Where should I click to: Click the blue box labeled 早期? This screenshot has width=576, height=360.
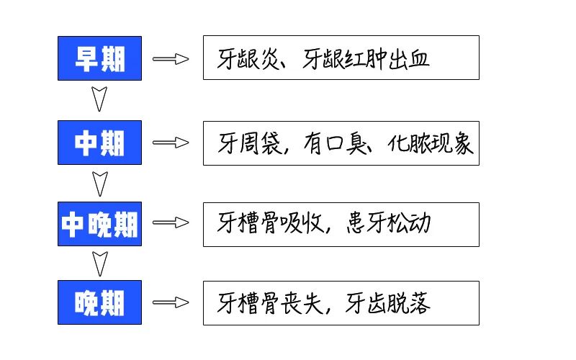99,58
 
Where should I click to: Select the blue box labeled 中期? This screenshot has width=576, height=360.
99,143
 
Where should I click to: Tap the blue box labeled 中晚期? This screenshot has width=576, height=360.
99,224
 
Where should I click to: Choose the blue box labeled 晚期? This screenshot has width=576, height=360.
99,302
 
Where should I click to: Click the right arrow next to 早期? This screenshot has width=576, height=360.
171,58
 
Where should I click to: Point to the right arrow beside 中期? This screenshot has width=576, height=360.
171,143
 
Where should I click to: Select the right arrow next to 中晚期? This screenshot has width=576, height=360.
171,224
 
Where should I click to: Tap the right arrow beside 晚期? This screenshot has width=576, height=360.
171,302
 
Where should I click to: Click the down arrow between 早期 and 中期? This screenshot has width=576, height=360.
99,99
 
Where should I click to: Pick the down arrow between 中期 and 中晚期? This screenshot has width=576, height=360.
99,183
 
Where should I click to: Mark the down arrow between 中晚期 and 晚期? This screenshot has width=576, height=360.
99,263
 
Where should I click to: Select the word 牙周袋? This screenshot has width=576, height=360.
250,144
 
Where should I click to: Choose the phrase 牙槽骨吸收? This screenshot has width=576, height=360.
271,225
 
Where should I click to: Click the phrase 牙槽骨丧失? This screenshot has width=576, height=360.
271,303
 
